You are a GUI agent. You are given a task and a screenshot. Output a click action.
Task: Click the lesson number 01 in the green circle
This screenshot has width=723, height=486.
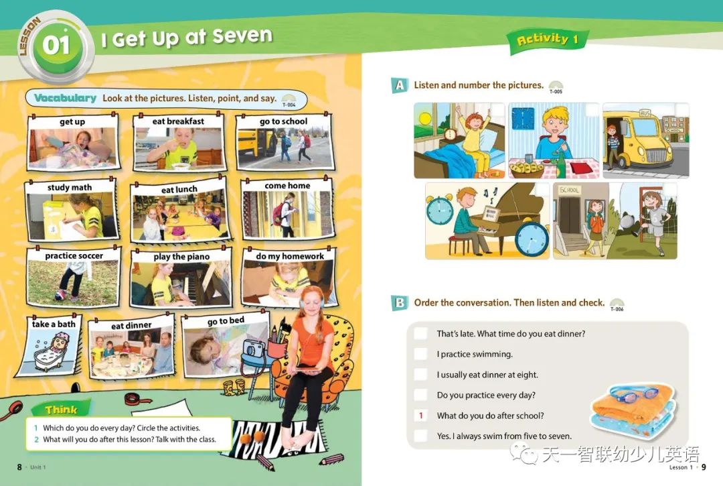[x=56, y=45]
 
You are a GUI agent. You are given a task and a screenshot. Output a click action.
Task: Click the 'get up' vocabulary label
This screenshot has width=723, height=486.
[x=72, y=122]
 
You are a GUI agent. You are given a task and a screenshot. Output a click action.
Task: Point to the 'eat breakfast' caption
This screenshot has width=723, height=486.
[x=178, y=121]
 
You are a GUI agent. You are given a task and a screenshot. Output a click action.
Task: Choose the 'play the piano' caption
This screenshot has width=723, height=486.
[x=181, y=257]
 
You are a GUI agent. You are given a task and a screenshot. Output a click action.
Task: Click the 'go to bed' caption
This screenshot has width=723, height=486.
[x=226, y=321]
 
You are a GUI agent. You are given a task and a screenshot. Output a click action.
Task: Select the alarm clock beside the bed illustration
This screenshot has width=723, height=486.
[x=450, y=134]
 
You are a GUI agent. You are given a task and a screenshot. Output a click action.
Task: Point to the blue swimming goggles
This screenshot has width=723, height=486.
[x=635, y=393]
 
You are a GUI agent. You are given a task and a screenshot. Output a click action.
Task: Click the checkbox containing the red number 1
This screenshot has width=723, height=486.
[x=420, y=416]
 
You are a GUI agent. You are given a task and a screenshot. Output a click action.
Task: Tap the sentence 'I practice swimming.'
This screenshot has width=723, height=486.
[x=475, y=355]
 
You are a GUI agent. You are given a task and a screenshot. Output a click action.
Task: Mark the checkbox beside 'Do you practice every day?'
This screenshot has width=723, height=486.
[x=420, y=395]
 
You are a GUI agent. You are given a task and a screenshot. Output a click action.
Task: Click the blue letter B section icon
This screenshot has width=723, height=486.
[x=399, y=303]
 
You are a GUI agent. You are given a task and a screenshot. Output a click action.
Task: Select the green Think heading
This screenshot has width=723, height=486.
[x=61, y=410]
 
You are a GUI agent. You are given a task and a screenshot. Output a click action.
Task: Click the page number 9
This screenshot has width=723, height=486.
[x=704, y=467]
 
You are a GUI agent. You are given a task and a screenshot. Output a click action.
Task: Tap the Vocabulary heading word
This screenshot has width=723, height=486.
[x=65, y=98]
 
